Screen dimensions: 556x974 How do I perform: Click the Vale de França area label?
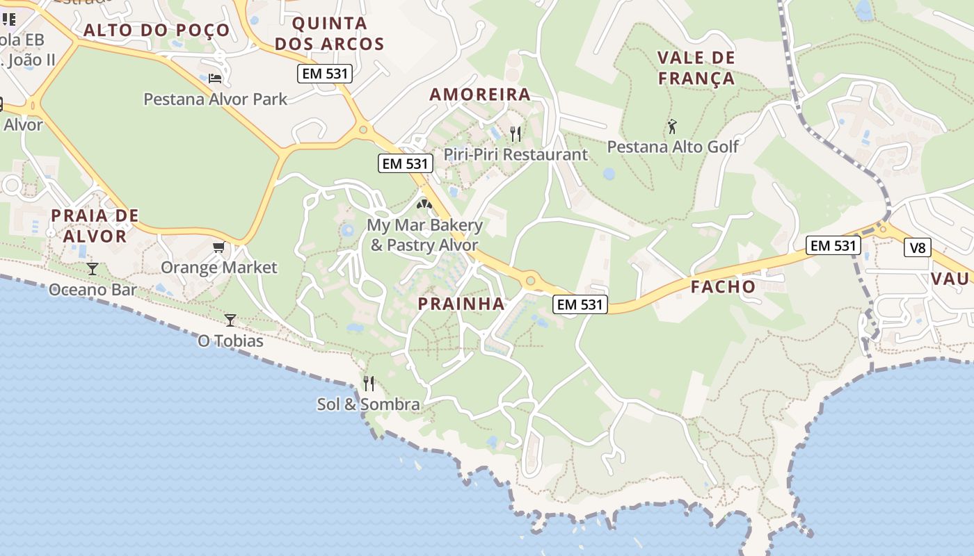pyautogui.click(x=696, y=67)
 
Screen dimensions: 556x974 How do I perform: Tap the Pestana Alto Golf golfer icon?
pyautogui.click(x=671, y=126)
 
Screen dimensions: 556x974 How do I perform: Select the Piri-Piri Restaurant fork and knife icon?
pyautogui.click(x=516, y=133)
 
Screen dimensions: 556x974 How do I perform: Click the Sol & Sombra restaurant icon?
pyautogui.click(x=369, y=383)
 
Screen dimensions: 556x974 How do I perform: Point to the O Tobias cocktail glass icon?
pyautogui.click(x=230, y=320)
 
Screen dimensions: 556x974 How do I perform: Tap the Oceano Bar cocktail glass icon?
pyautogui.click(x=92, y=268)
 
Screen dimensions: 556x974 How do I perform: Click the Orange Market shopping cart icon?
pyautogui.click(x=219, y=247)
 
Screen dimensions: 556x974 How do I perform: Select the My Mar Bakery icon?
pyautogui.click(x=424, y=204)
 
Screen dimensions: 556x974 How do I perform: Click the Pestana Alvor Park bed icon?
pyautogui.click(x=215, y=77)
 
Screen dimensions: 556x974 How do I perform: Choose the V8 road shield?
pyautogui.click(x=918, y=247)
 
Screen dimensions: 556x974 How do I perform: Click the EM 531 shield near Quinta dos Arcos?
pyautogui.click(x=325, y=74)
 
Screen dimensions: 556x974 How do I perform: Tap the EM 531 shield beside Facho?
pyautogui.click(x=833, y=245)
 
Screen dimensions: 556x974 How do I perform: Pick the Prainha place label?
pyautogui.click(x=461, y=304)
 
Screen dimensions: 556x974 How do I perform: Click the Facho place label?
pyautogui.click(x=723, y=286)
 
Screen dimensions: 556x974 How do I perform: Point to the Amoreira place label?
pyautogui.click(x=480, y=95)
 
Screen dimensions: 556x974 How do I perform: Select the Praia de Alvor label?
pyautogui.click(x=94, y=226)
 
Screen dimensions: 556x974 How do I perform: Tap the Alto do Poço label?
pyautogui.click(x=157, y=30)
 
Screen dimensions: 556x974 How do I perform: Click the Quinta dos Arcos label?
pyautogui.click(x=329, y=33)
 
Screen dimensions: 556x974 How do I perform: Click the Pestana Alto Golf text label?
pyautogui.click(x=673, y=147)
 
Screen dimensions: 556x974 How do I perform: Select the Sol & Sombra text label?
pyautogui.click(x=368, y=404)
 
